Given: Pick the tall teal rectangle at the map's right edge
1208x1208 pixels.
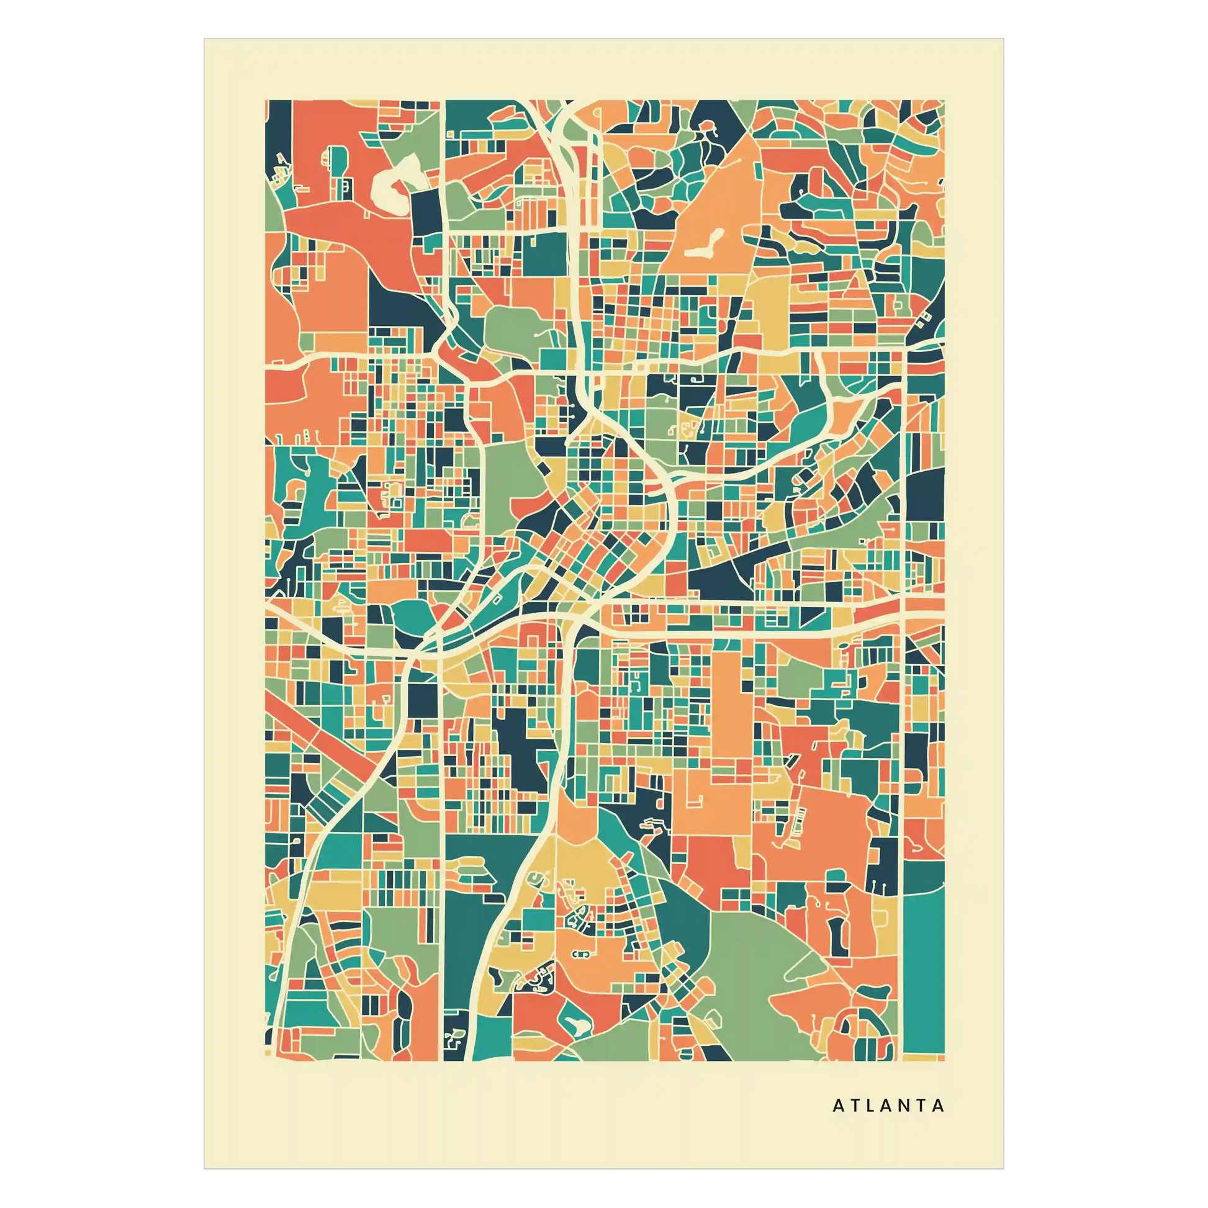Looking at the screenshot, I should (x=924, y=975).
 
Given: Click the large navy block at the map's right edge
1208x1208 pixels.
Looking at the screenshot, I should (x=924, y=494).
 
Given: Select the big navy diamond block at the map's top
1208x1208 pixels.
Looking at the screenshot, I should (x=725, y=119).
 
